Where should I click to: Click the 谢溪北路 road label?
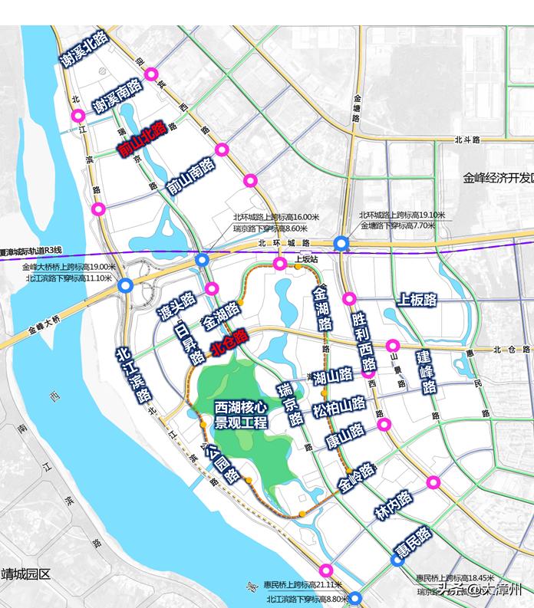(85, 52)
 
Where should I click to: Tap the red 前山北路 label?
(142, 139)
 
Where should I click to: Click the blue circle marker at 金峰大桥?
(125, 285)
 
